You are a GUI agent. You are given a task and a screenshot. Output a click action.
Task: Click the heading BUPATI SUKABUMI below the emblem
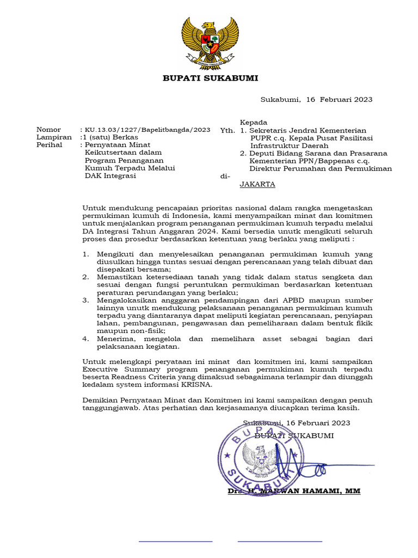coord(211,78)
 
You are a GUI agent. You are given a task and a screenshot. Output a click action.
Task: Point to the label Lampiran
coord(51,137)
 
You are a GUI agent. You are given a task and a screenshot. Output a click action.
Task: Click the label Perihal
coord(49,145)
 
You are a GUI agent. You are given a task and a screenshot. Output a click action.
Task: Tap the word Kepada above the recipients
coord(253,122)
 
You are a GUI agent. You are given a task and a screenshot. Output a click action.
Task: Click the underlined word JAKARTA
coord(257,184)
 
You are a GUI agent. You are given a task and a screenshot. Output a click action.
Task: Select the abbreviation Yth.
coord(227,131)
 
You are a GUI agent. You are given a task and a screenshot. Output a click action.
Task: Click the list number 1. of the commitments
coord(85,254)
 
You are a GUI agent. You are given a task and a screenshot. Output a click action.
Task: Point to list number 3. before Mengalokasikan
coord(85,300)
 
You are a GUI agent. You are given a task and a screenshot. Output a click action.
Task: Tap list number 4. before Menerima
coord(85,338)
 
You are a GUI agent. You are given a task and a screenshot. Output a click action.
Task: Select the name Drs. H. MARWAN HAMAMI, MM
coord(294,491)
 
